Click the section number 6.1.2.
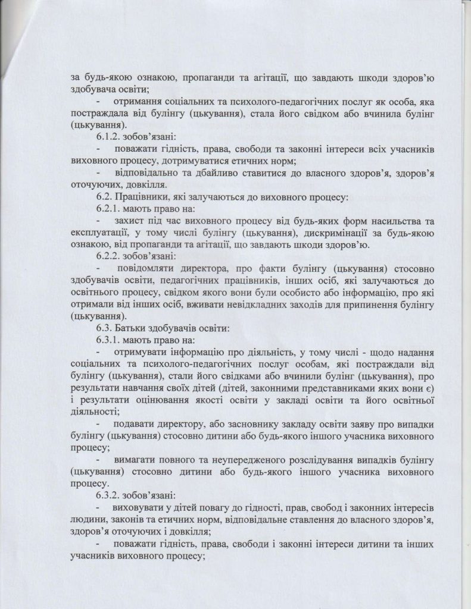(x=107, y=137)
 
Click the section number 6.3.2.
(x=107, y=495)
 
